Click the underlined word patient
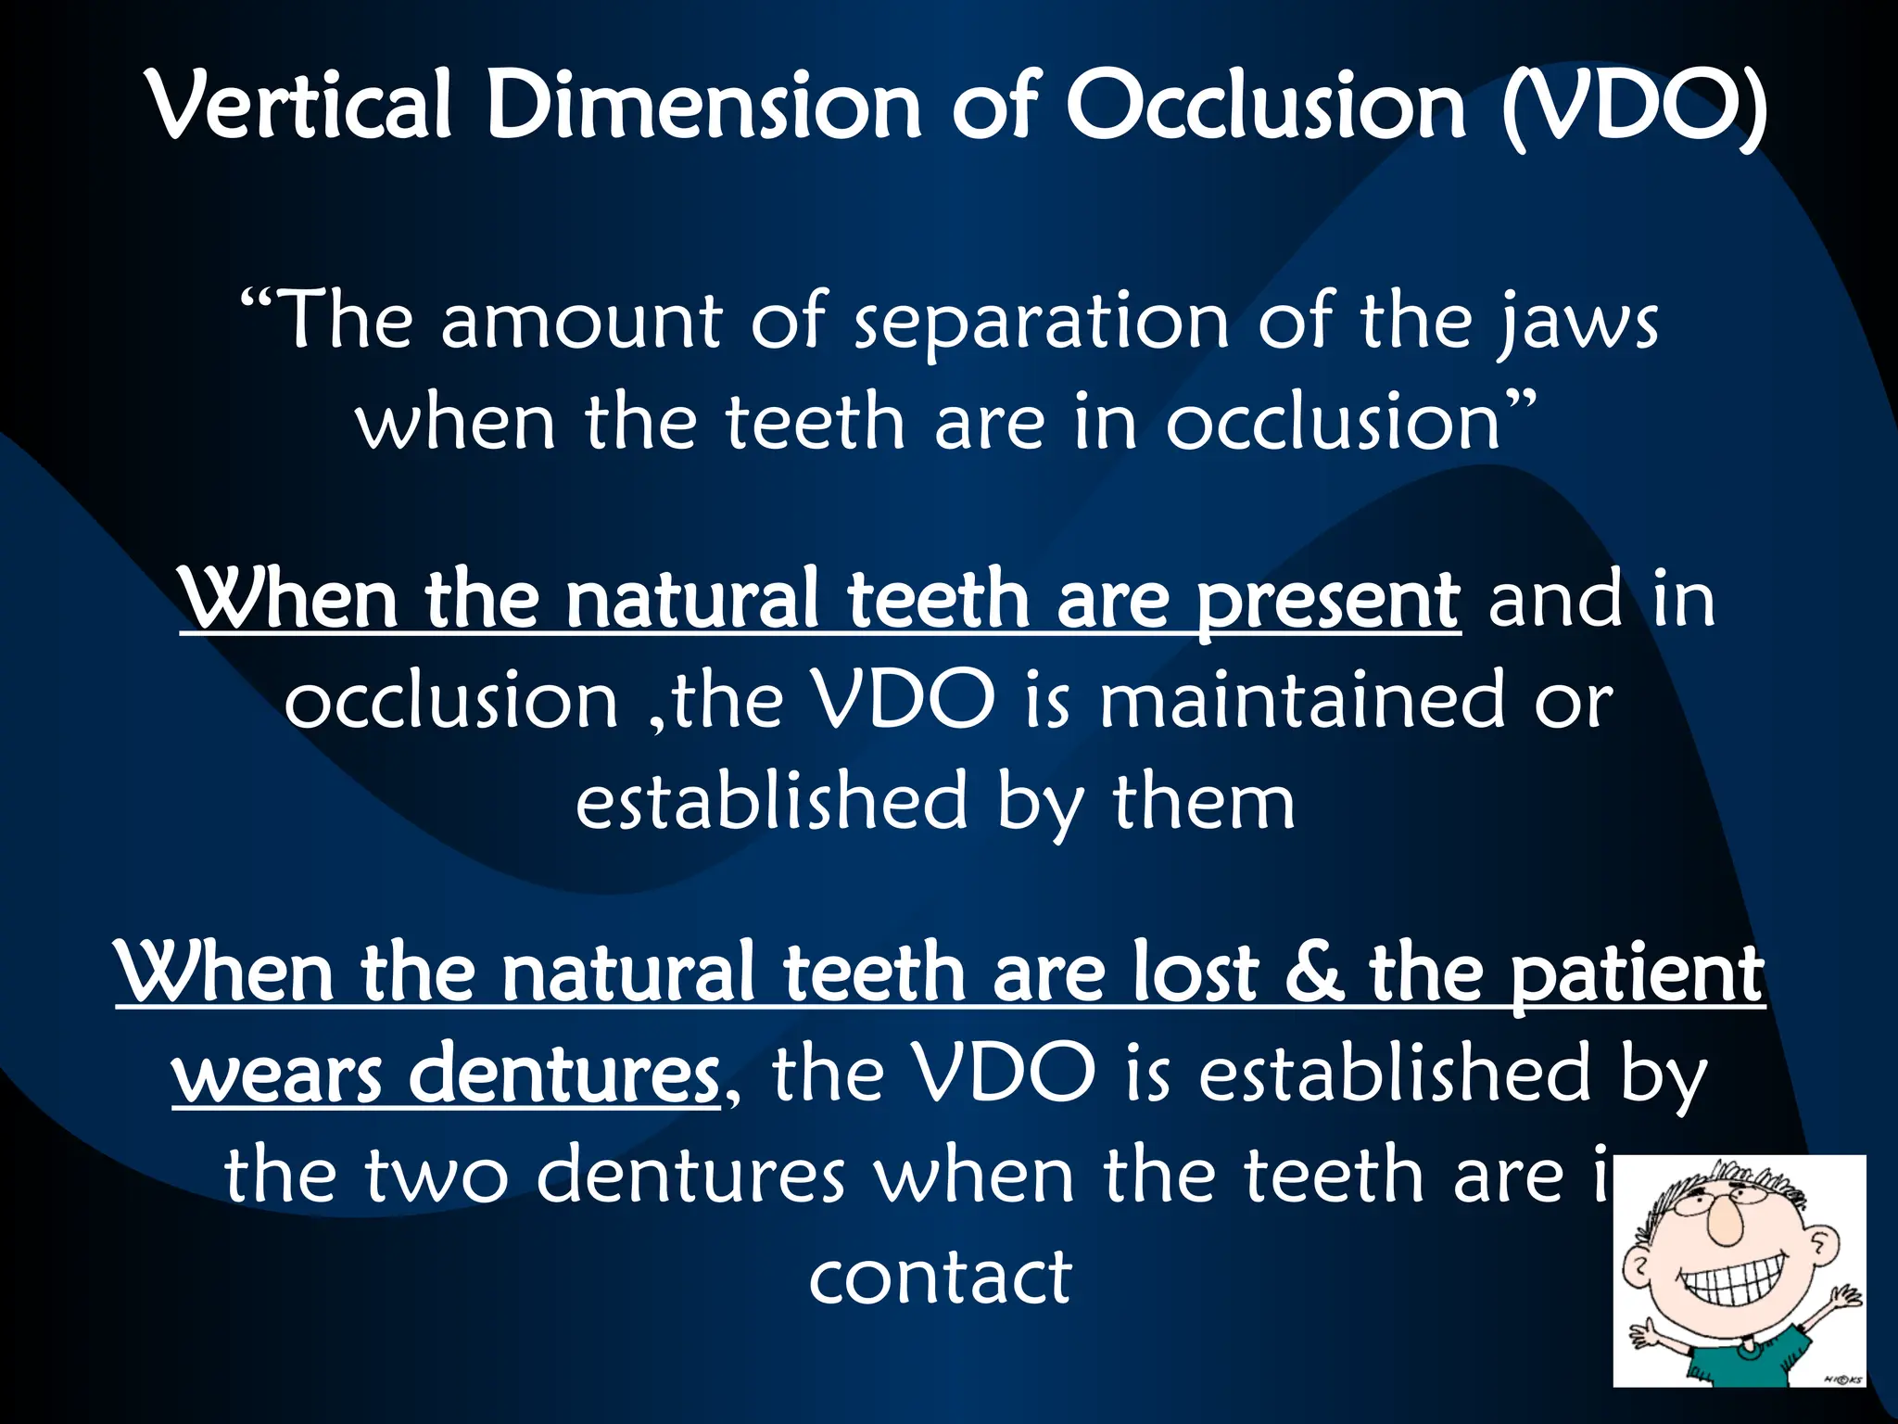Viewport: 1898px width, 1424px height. pos(1636,973)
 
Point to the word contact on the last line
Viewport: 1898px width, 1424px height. pos(940,1278)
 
